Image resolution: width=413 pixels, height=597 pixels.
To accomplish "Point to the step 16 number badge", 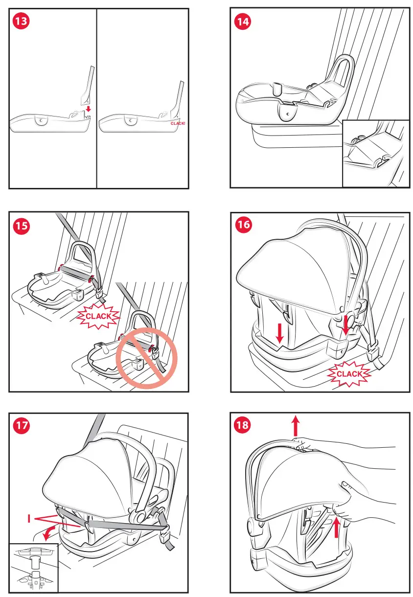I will [x=243, y=226].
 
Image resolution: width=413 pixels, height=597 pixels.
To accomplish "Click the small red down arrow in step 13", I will [x=89, y=108].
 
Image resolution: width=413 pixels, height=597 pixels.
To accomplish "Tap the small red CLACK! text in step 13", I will [x=178, y=124].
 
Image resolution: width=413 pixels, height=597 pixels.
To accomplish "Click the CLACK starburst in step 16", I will [x=350, y=374].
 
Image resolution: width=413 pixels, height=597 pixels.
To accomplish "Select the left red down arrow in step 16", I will [x=279, y=333].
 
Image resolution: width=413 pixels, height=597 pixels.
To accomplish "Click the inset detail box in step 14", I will [x=375, y=153].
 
